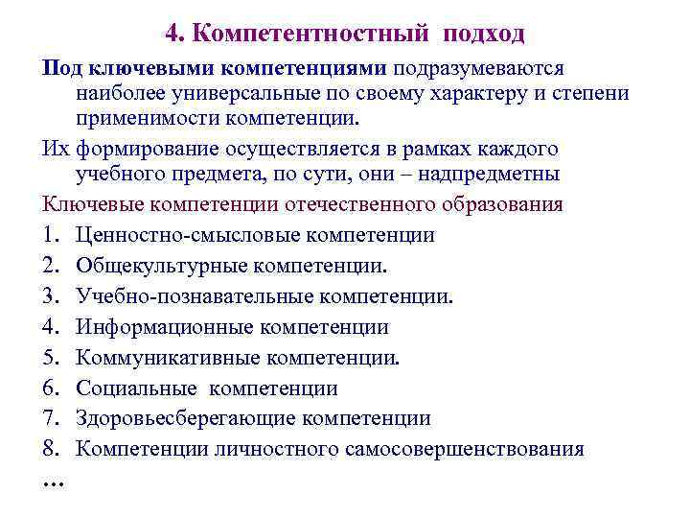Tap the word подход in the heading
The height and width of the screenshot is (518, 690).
483,35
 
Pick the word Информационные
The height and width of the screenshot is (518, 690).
165,327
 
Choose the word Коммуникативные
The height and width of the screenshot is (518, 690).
166,358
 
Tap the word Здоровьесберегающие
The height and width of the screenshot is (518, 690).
186,419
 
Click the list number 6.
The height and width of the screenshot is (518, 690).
49,388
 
